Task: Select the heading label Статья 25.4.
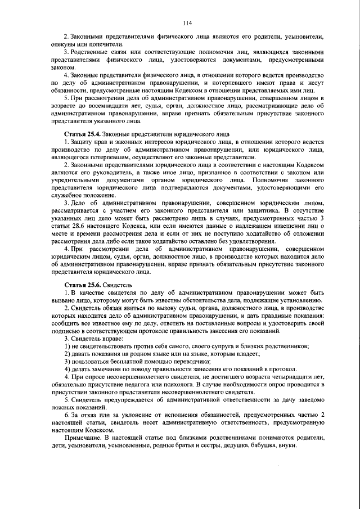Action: click(x=83, y=134)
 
